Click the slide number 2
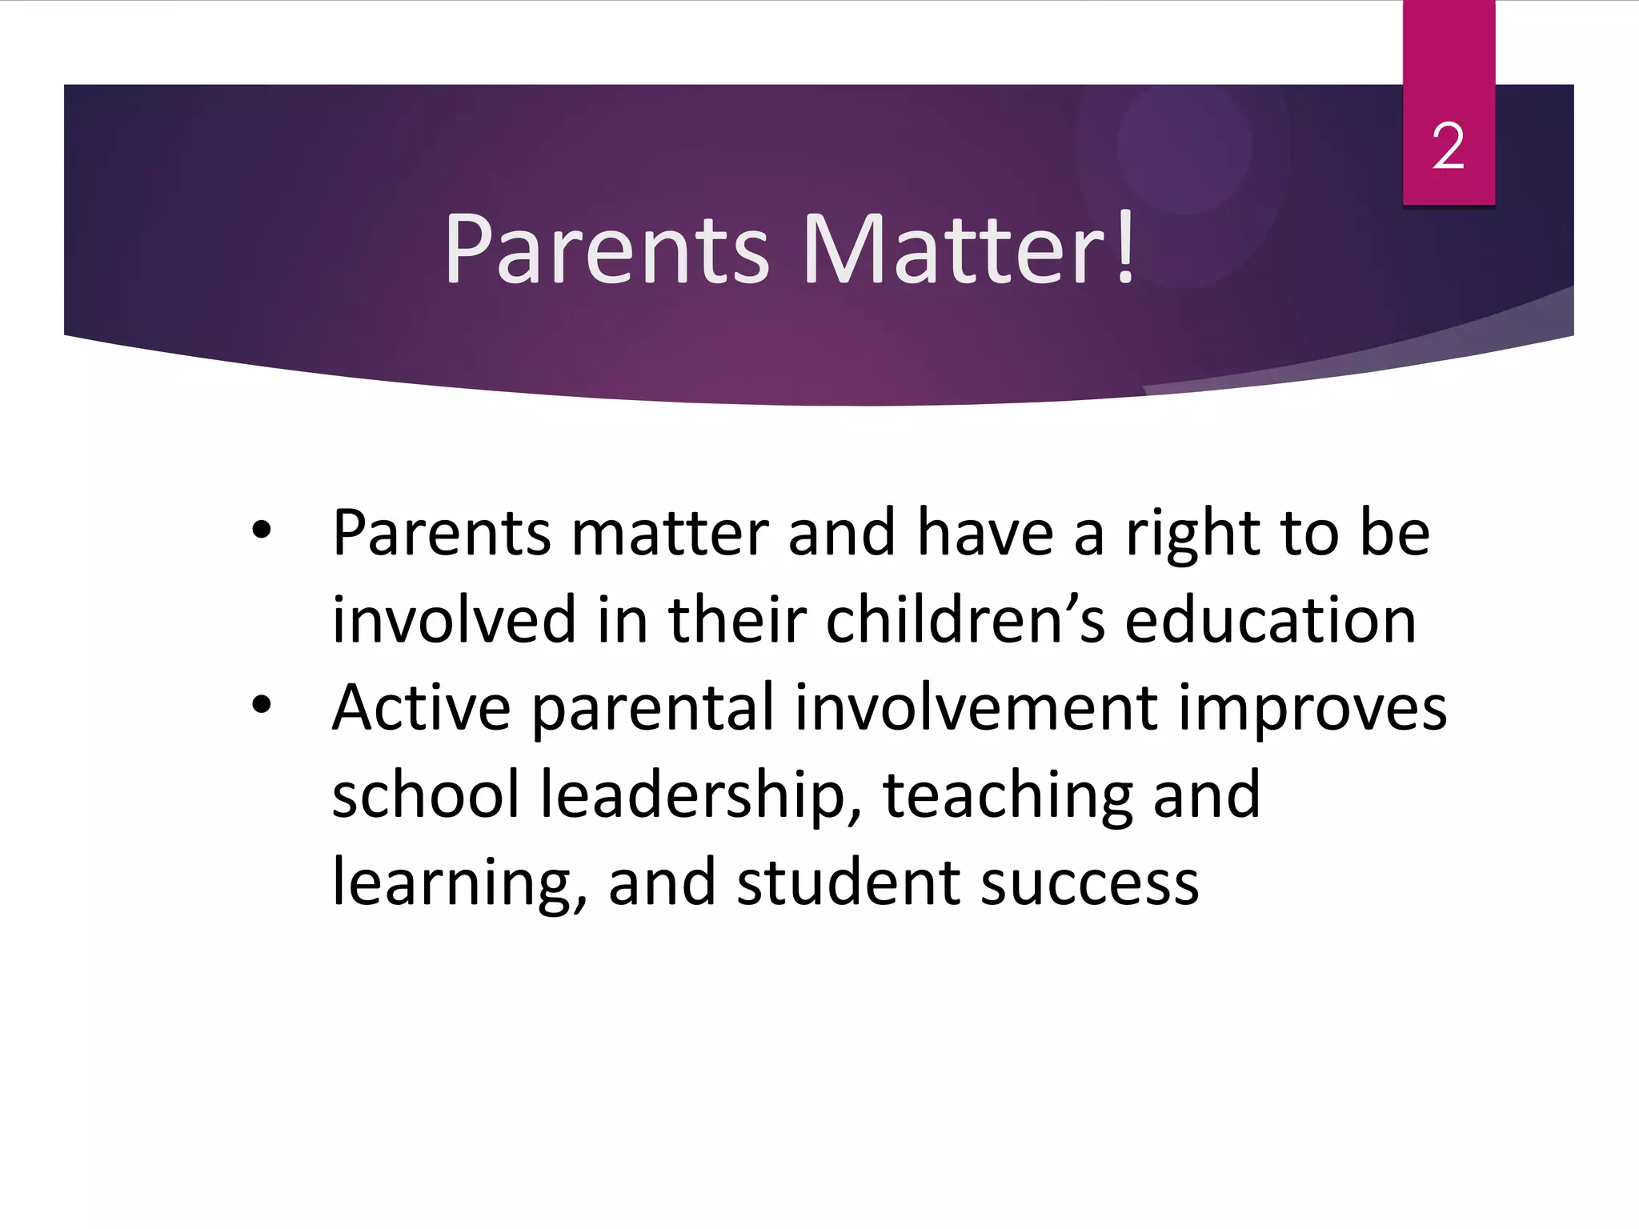[x=1448, y=147]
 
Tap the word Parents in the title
[x=607, y=249]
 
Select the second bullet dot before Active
[x=262, y=705]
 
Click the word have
[x=985, y=533]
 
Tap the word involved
[x=454, y=620]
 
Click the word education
[x=1270, y=620]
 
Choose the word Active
[x=421, y=708]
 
